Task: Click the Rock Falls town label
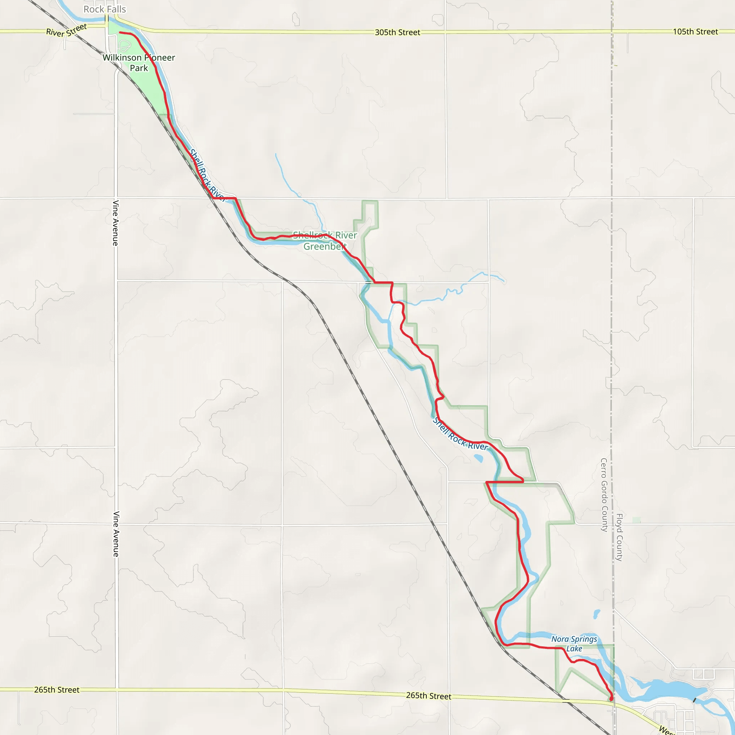click(x=105, y=9)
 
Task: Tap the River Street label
click(x=67, y=31)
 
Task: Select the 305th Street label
click(x=398, y=32)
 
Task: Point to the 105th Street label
click(x=696, y=32)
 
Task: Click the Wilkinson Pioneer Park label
click(x=139, y=63)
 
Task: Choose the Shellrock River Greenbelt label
click(x=325, y=240)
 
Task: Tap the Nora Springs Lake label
click(x=574, y=644)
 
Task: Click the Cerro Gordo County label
click(x=604, y=495)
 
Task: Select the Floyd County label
click(x=619, y=537)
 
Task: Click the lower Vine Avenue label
click(x=116, y=534)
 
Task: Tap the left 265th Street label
click(x=57, y=690)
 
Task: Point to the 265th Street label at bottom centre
click(x=429, y=696)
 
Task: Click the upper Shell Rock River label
click(x=208, y=175)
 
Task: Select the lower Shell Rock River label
click(x=460, y=435)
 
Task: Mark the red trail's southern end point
click(x=611, y=699)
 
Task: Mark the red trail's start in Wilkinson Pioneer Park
click(x=120, y=33)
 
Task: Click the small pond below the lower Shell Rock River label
click(x=479, y=458)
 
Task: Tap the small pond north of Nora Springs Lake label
click(x=596, y=614)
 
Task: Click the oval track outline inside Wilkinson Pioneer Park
click(x=124, y=46)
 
